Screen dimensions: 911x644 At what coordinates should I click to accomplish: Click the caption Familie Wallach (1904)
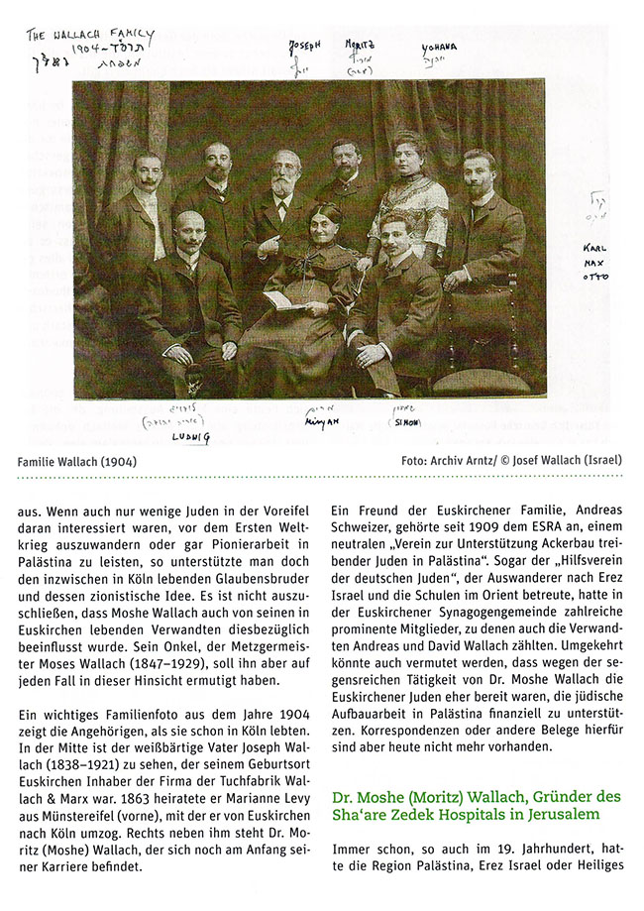[76, 461]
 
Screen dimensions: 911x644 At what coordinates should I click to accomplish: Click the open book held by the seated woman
[283, 298]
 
